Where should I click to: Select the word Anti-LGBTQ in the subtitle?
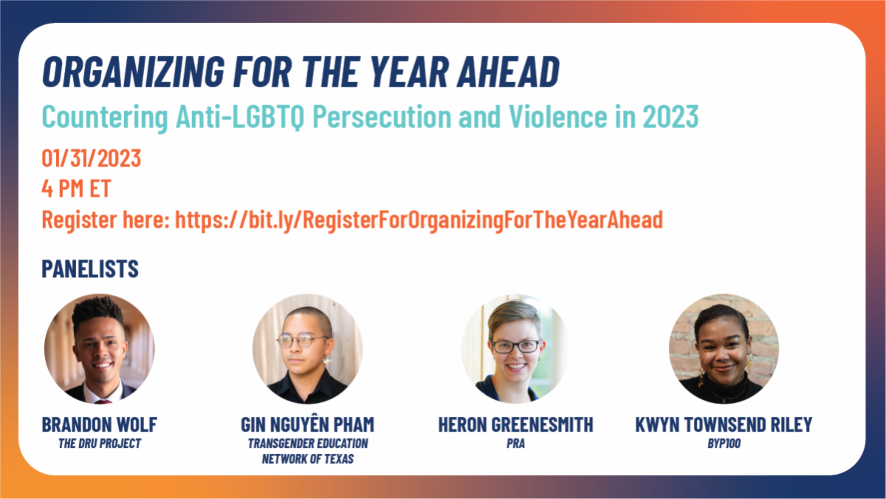(x=240, y=117)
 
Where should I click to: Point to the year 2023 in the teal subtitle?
(x=670, y=117)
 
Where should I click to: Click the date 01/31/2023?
(x=92, y=158)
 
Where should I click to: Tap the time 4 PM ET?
(x=76, y=189)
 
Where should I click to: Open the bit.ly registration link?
(x=419, y=220)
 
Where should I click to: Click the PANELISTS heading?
(x=90, y=269)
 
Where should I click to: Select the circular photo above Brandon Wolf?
(x=99, y=349)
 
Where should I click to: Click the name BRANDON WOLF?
(x=99, y=424)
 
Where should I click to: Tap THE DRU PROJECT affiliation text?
(x=100, y=444)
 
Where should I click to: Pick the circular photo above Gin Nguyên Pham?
(x=307, y=349)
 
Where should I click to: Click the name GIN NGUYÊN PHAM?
(x=307, y=424)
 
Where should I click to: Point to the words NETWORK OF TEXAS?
(x=308, y=459)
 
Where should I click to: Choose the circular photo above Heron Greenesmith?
(x=515, y=349)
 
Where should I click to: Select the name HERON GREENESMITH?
(x=516, y=424)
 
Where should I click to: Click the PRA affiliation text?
(x=516, y=444)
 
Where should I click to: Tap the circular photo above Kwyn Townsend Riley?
(x=724, y=349)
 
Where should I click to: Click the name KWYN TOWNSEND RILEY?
(x=724, y=424)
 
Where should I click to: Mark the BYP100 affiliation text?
(x=724, y=444)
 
